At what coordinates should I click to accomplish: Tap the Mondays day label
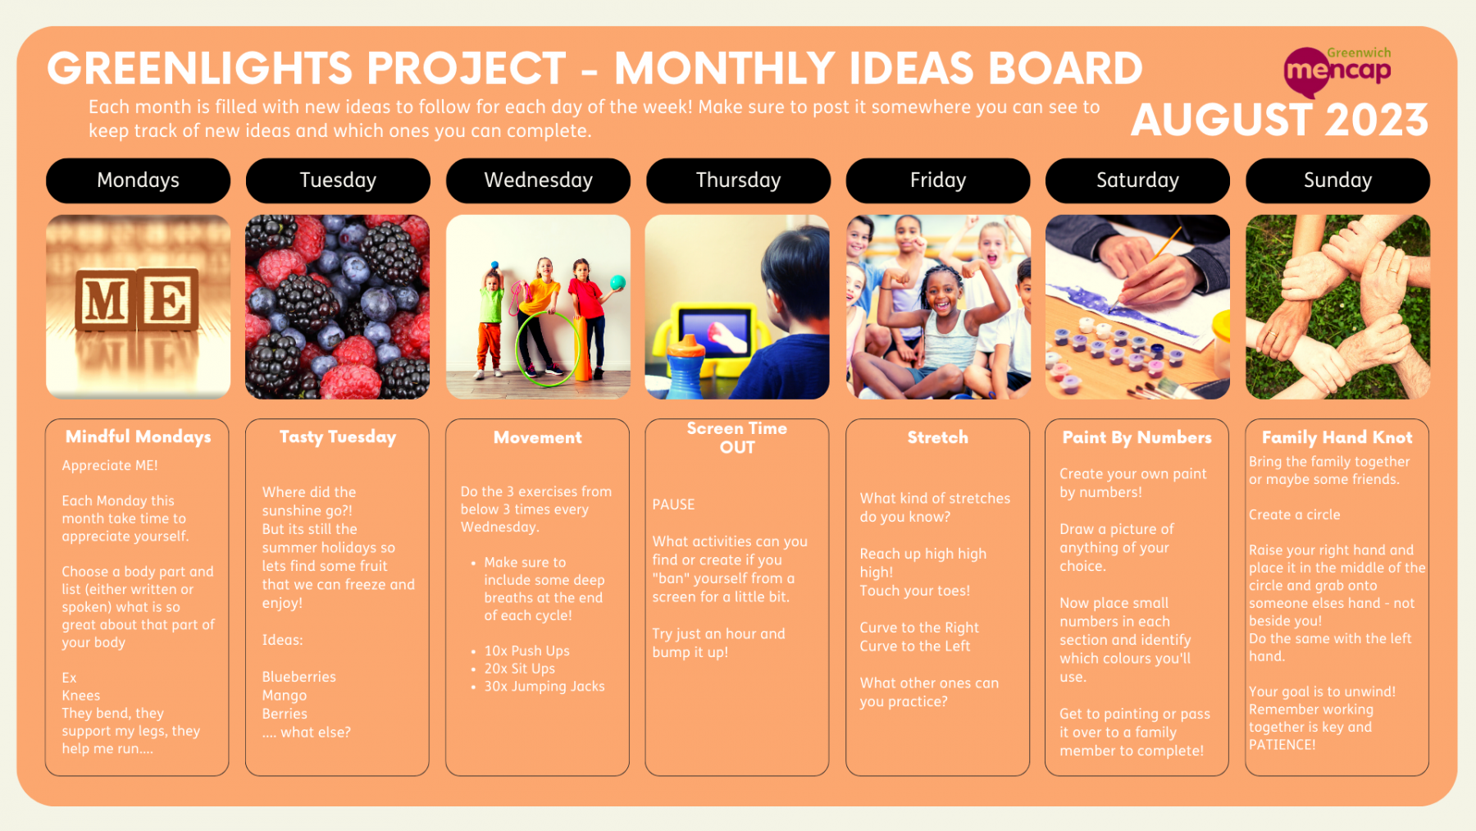click(138, 180)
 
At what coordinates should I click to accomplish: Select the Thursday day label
click(738, 180)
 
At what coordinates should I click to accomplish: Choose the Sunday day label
click(1337, 180)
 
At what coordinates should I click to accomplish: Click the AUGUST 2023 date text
click(1279, 120)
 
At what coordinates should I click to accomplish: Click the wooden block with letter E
click(167, 299)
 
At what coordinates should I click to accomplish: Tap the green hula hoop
click(547, 349)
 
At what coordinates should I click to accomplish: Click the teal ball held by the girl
click(618, 283)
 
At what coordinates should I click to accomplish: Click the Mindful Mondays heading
click(138, 437)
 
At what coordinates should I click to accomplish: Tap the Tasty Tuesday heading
click(338, 437)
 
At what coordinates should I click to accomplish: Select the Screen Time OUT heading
click(737, 438)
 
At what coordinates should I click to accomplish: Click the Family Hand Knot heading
click(1337, 438)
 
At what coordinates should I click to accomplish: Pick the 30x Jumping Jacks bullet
click(544, 687)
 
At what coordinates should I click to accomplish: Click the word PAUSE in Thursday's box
click(673, 505)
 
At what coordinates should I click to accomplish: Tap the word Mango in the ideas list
click(285, 696)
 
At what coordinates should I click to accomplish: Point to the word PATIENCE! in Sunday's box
click(1282, 745)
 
